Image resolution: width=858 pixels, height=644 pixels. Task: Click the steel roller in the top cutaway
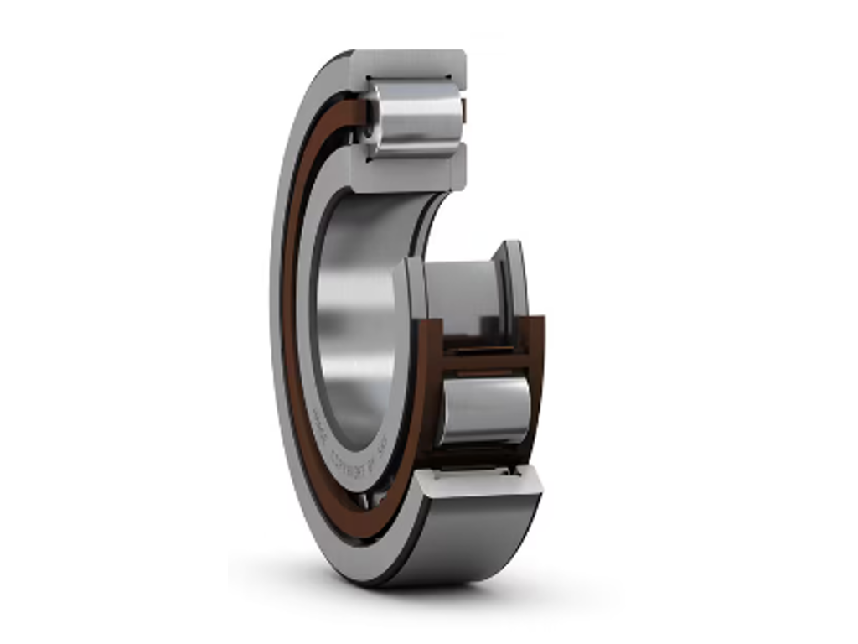point(415,117)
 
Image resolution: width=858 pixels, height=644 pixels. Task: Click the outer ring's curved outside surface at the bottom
point(469,537)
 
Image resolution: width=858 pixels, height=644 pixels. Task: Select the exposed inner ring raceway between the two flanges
point(461,289)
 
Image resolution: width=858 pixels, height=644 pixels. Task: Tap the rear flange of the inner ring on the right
point(513,277)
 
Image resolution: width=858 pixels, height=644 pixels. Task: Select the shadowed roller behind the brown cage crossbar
point(478,340)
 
